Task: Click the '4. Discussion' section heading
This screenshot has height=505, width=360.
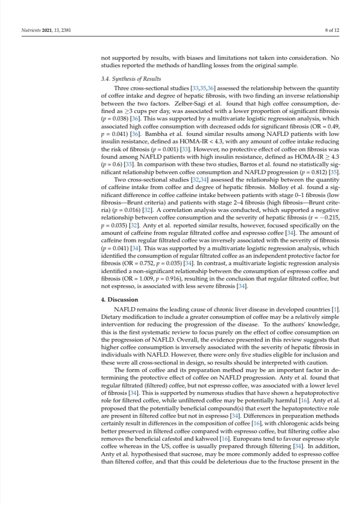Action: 120,299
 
